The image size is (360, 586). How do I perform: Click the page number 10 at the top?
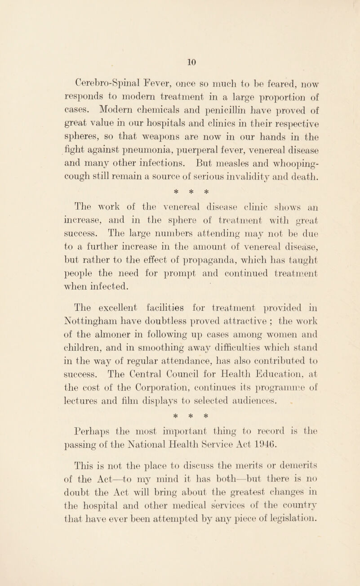pos(180,46)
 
